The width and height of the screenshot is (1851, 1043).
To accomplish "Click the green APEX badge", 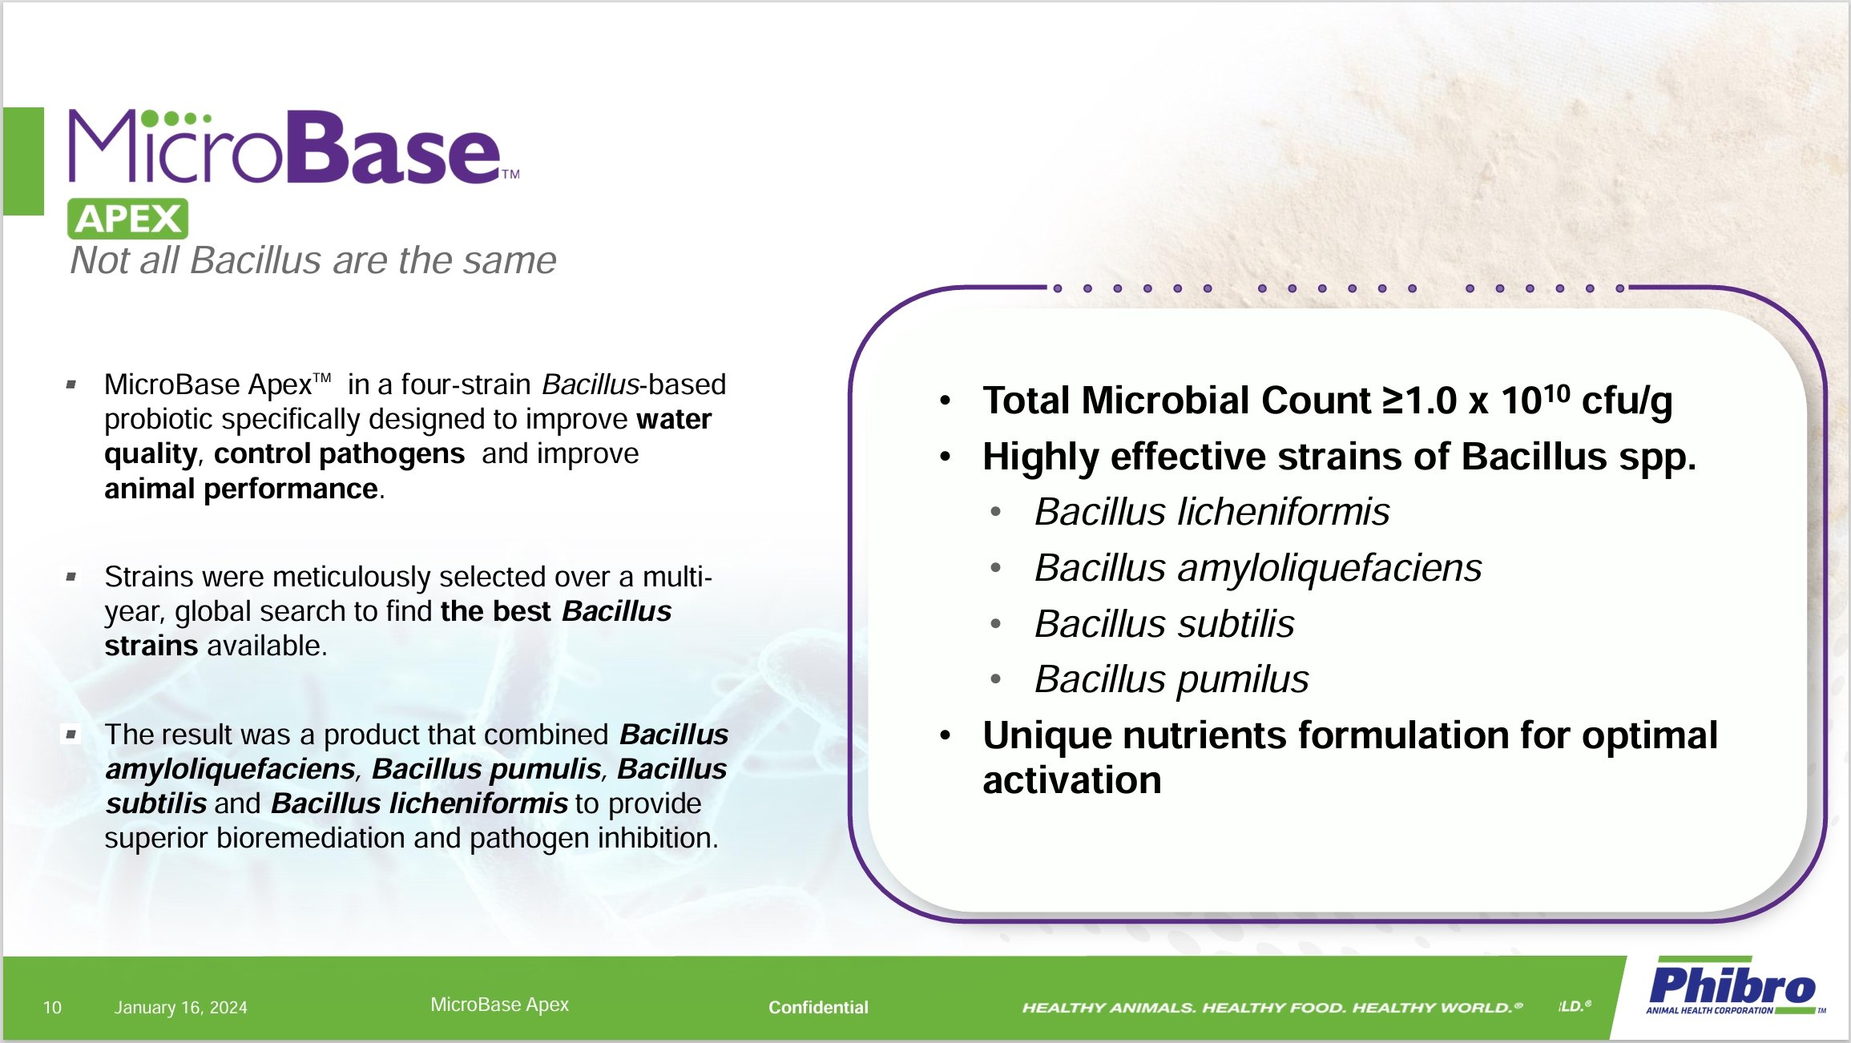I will click(127, 219).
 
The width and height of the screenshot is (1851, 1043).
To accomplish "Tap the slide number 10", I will click(52, 1007).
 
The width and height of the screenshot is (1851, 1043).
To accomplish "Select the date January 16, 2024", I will click(180, 1007).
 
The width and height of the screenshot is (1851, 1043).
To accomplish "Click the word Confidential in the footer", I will click(817, 1007).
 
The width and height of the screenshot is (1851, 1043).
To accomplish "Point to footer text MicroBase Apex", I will click(499, 1004).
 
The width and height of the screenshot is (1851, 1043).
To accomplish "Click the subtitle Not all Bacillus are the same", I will click(313, 260).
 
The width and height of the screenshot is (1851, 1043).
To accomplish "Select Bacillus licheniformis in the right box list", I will click(1212, 512).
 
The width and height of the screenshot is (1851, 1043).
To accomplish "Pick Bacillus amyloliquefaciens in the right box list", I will click(1258, 568).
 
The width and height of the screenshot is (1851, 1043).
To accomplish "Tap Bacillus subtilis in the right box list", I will click(1163, 624).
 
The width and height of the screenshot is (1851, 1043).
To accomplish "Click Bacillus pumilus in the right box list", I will click(1171, 680).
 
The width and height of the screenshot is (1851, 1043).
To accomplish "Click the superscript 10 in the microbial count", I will click(1556, 392).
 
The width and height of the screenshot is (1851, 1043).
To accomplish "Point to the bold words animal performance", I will click(240, 489).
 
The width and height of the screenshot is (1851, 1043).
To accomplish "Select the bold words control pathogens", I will click(339, 454).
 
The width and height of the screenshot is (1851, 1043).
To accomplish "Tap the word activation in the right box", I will click(1071, 780).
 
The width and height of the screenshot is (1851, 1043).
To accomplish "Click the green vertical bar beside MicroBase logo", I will click(23, 160).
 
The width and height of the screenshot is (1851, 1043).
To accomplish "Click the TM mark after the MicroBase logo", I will click(510, 173).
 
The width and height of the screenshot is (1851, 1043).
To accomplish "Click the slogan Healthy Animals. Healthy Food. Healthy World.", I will click(1271, 1007).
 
